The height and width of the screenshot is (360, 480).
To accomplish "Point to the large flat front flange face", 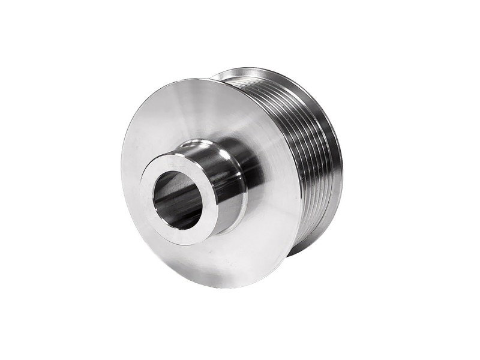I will pyautogui.click(x=180, y=120).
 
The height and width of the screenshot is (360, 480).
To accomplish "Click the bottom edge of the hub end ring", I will pyautogui.click(x=186, y=240).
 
